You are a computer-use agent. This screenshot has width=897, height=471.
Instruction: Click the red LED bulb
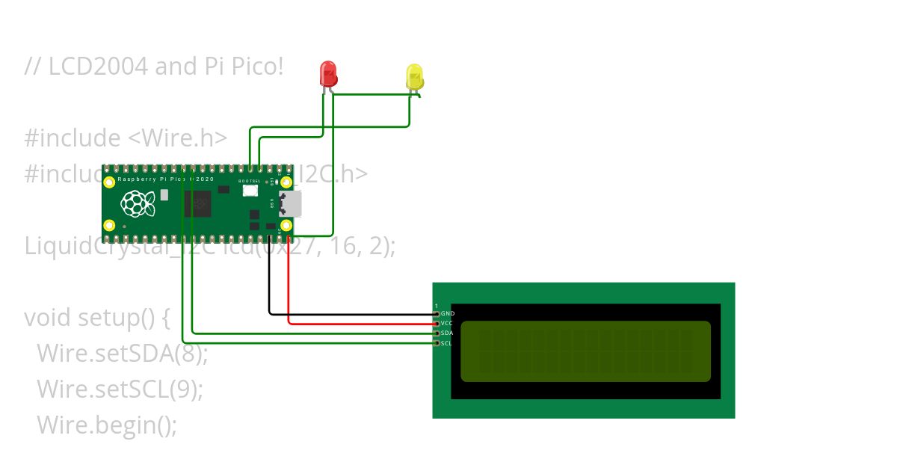328,73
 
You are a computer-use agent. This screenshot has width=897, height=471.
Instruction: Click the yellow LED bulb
414,76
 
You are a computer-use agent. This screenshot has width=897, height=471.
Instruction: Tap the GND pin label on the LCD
447,313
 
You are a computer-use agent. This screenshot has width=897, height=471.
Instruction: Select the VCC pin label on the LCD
447,323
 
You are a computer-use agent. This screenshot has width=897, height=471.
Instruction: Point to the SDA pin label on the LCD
447,333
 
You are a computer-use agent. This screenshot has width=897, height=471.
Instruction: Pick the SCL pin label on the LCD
446,343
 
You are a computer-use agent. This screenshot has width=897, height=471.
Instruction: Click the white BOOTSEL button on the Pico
250,191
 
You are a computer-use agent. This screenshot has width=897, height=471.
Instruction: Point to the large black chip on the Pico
197,203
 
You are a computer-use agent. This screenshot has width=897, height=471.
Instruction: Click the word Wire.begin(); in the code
106,425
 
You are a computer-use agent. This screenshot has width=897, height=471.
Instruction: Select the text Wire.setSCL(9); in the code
120,389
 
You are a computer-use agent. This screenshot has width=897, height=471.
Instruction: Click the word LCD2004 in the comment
99,67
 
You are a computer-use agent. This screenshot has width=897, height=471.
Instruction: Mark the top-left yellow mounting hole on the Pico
110,182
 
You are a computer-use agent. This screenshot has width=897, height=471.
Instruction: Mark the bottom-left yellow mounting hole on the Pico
110,225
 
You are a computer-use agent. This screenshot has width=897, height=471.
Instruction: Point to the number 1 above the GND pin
437,305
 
